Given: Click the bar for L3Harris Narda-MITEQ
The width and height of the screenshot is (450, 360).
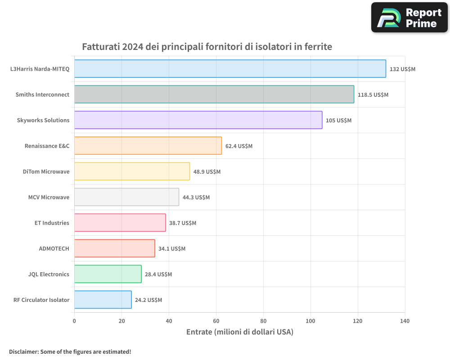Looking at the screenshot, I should pos(230,69).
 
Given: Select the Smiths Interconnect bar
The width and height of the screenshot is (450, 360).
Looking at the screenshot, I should pos(214,94).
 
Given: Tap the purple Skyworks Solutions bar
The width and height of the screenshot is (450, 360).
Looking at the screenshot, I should pos(198,120).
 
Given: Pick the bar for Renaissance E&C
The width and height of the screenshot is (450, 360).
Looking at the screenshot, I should pos(148,146).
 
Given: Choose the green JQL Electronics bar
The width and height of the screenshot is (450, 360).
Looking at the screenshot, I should pos(108,274).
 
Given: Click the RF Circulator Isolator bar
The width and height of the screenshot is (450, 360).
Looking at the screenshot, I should pos(103,300).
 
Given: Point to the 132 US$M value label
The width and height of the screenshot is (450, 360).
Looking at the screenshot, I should pos(402,69).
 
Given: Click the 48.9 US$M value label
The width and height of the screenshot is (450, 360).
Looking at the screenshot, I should pos(207,172).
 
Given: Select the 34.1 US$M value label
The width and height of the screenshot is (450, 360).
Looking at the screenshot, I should pos(172,249).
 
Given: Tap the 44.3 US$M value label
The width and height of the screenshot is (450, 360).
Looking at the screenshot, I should pos(196,198).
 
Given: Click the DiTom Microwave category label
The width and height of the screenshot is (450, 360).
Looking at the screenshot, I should pos(46,171).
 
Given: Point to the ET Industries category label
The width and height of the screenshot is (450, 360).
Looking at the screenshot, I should pos(52,223).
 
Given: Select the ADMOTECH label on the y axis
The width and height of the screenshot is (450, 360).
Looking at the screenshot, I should pos(54,248).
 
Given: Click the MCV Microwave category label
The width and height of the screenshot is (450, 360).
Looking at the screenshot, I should pos(49,197).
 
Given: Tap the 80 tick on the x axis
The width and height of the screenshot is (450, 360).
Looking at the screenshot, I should pos(263,321).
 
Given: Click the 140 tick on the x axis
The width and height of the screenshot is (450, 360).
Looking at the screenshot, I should pos(405,321).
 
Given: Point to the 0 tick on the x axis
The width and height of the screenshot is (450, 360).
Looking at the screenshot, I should pos(74,321).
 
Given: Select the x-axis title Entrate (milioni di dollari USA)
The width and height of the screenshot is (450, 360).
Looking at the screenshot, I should pos(239,332).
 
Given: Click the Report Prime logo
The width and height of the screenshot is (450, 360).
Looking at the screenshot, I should pos(409,18).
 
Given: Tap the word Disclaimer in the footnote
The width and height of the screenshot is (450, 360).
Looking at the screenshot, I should pos(23,351).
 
